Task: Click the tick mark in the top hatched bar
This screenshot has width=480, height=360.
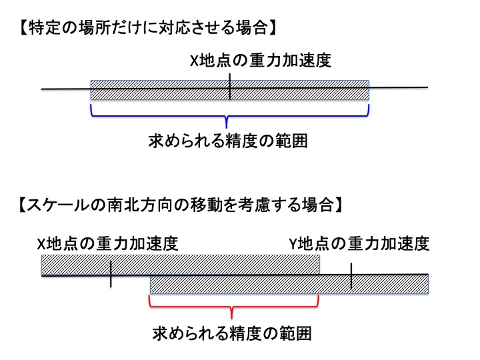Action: pyautogui.click(x=229, y=87)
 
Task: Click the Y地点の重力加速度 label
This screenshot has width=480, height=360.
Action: pyautogui.click(x=359, y=243)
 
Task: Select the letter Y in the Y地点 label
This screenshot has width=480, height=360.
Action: pyautogui.click(x=292, y=244)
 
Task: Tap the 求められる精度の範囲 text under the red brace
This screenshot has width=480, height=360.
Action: pyautogui.click(x=233, y=331)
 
